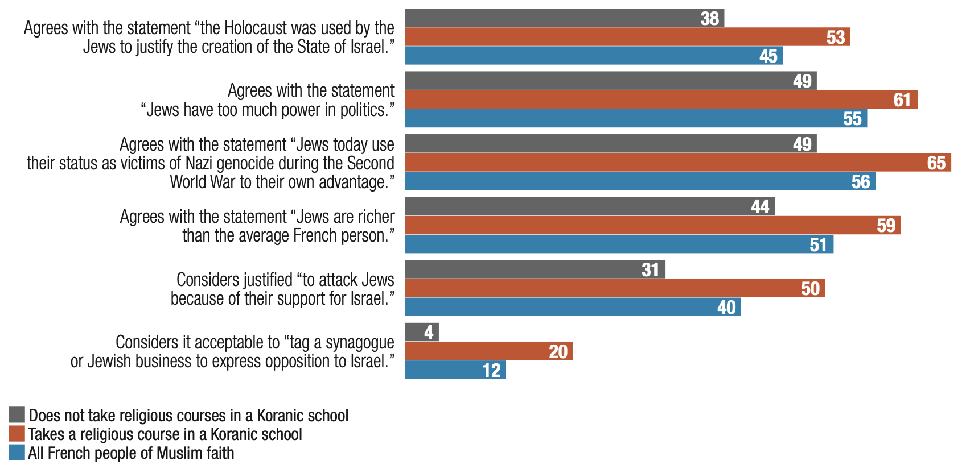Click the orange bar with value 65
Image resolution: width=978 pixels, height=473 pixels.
[x=677, y=163]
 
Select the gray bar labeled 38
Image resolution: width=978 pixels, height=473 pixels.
[x=564, y=18]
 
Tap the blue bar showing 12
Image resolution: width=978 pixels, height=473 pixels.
[x=455, y=370]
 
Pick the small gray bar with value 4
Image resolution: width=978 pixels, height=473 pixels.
[x=421, y=332]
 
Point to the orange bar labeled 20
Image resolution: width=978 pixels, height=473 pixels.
[x=488, y=351]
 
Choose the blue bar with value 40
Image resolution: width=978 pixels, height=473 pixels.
[x=572, y=307]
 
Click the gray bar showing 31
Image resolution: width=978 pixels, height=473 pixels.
[x=535, y=269]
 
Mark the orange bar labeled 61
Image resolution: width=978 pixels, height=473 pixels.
[x=660, y=100]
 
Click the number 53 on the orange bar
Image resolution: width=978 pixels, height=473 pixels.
[x=835, y=38]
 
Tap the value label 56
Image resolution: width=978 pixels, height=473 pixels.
[x=860, y=182]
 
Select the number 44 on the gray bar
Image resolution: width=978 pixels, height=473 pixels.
[x=759, y=206]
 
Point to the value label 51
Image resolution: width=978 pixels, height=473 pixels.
[x=818, y=244]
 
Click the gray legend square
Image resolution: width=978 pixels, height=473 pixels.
[x=17, y=415]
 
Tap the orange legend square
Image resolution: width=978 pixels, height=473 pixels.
[x=17, y=434]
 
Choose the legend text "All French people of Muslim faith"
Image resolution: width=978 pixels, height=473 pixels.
[x=131, y=453]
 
